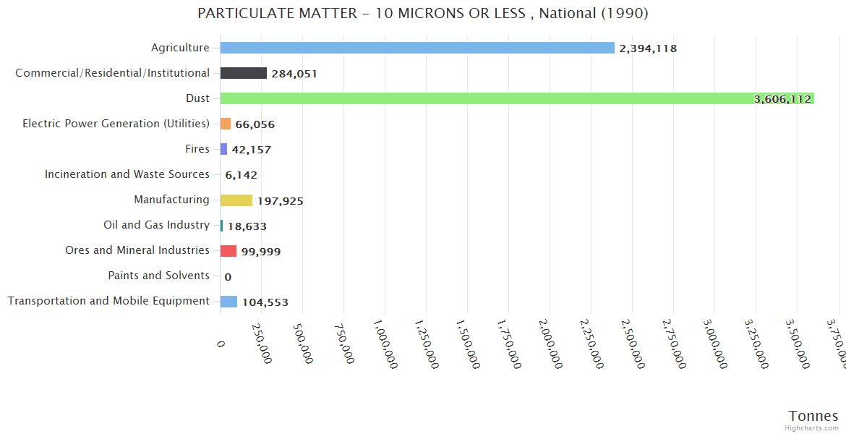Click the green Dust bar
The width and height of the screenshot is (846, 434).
517,98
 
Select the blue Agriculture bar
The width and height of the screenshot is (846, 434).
417,48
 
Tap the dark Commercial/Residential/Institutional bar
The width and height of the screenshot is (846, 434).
244,73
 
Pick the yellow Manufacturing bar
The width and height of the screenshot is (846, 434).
236,200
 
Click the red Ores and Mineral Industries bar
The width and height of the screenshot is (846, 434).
228,250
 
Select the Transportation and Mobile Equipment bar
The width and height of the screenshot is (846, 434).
228,302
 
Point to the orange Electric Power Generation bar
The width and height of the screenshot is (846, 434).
226,124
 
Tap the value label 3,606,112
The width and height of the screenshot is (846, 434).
782,99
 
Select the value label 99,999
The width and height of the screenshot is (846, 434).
261,252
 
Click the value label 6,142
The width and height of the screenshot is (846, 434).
241,175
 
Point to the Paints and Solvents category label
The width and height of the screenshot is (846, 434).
158,276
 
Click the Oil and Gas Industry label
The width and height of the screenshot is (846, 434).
156,225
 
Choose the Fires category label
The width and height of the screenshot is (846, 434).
197,149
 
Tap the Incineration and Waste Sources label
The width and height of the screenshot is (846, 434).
127,174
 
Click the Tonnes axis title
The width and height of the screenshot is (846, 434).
813,416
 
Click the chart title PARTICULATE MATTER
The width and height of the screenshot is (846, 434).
423,14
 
